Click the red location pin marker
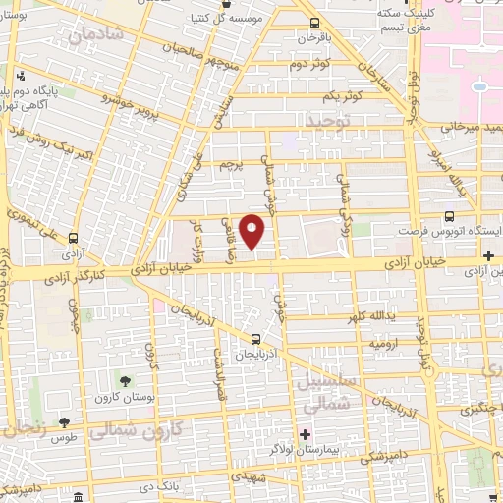252,231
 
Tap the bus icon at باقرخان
313,24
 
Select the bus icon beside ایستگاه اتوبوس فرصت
449,217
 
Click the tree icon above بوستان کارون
126,381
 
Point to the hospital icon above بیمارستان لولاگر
306,434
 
